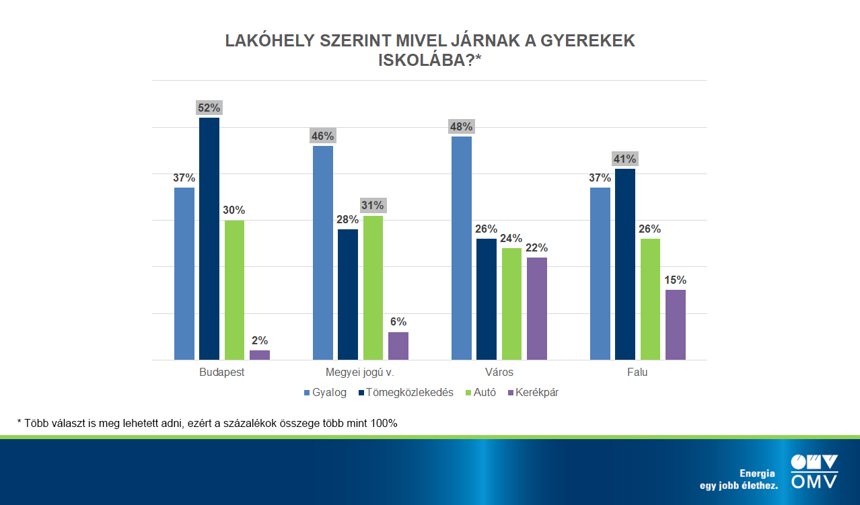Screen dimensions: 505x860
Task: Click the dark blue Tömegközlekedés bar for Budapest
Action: pyautogui.click(x=209, y=239)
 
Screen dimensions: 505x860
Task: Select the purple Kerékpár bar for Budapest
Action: pyautogui.click(x=259, y=355)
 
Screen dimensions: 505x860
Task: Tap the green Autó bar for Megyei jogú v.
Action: pyautogui.click(x=373, y=288)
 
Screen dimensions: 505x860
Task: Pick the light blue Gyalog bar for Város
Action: pyautogui.click(x=462, y=248)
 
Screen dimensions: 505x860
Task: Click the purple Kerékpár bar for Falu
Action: pyautogui.click(x=675, y=325)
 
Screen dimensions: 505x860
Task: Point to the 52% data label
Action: pyautogui.click(x=209, y=108)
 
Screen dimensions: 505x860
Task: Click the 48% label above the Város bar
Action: pyautogui.click(x=462, y=126)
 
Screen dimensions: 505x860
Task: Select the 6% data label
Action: pyautogui.click(x=398, y=322)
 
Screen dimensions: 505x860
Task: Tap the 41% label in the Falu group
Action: pyautogui.click(x=624, y=159)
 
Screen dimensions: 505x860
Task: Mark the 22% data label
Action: pyautogui.click(x=537, y=247)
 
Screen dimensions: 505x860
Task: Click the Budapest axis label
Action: pyautogui.click(x=221, y=372)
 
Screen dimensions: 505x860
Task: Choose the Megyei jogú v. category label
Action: pyautogui.click(x=360, y=372)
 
